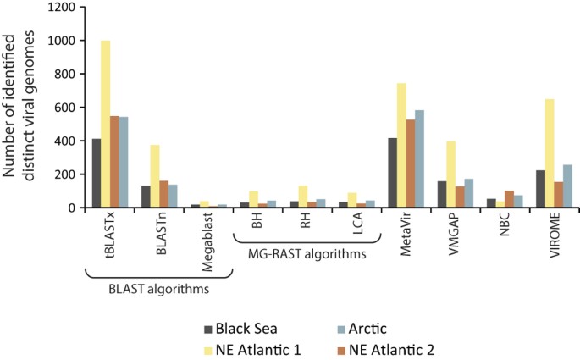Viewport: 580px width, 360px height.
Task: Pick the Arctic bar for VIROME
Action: tap(568, 186)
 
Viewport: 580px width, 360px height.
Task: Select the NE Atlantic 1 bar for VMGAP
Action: tap(451, 174)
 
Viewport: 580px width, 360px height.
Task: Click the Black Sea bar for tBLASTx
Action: tap(97, 173)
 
